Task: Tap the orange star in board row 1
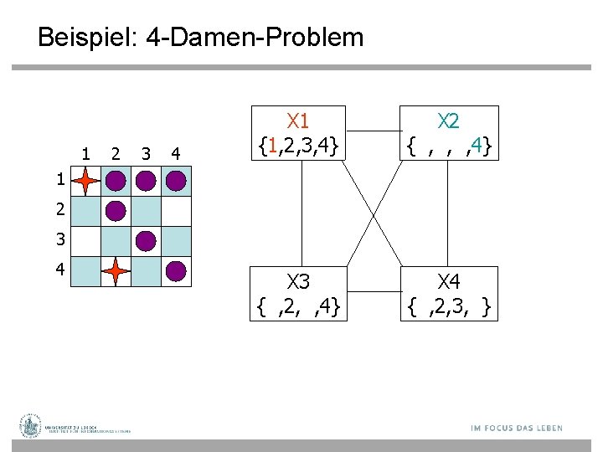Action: tap(85, 181)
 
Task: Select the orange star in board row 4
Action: tap(116, 271)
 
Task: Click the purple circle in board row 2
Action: tap(116, 211)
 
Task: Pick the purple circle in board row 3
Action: tap(146, 241)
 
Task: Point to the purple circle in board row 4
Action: tap(176, 271)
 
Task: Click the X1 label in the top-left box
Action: tap(299, 121)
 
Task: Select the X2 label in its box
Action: tap(450, 121)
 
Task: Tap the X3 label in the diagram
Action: tap(299, 280)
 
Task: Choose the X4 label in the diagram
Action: tap(450, 280)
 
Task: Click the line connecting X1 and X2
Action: tap(373, 131)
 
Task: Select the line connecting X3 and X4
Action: tap(373, 292)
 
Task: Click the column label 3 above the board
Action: tap(146, 153)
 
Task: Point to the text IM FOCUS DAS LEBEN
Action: tap(516, 428)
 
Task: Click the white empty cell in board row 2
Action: tap(176, 211)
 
